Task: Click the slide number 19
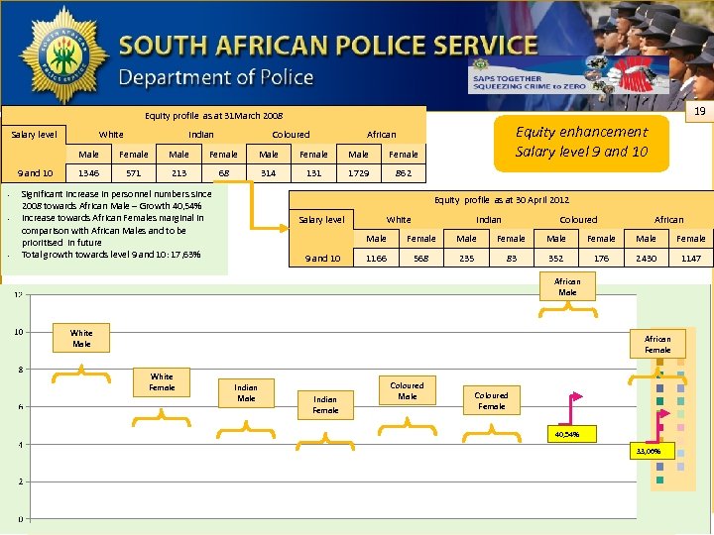pyautogui.click(x=698, y=114)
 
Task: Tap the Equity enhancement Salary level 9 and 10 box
pyautogui.click(x=582, y=142)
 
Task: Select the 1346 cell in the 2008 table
pyautogui.click(x=89, y=172)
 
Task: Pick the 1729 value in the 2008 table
pyautogui.click(x=358, y=172)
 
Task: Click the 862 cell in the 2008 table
pyautogui.click(x=404, y=172)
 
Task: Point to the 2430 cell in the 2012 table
pyautogui.click(x=646, y=258)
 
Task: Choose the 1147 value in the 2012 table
pyautogui.click(x=691, y=258)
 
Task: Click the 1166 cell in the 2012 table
pyautogui.click(x=377, y=258)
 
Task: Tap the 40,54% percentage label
pyautogui.click(x=567, y=434)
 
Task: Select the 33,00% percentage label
pyautogui.click(x=654, y=451)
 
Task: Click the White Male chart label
pyautogui.click(x=81, y=338)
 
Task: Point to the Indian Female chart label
pyautogui.click(x=325, y=404)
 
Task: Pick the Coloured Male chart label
pyautogui.click(x=407, y=390)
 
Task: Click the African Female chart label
pyautogui.click(x=657, y=344)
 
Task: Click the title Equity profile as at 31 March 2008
pyautogui.click(x=213, y=116)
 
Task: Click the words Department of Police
pyautogui.click(x=216, y=77)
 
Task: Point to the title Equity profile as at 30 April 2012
pyautogui.click(x=502, y=199)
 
